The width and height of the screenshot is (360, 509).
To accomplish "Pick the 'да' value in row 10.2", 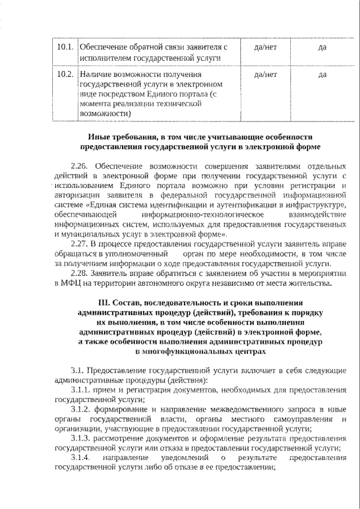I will [322, 74].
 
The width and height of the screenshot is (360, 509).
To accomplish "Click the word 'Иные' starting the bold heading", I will [100, 137].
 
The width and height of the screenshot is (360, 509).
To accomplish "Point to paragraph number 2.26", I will [80, 167].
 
